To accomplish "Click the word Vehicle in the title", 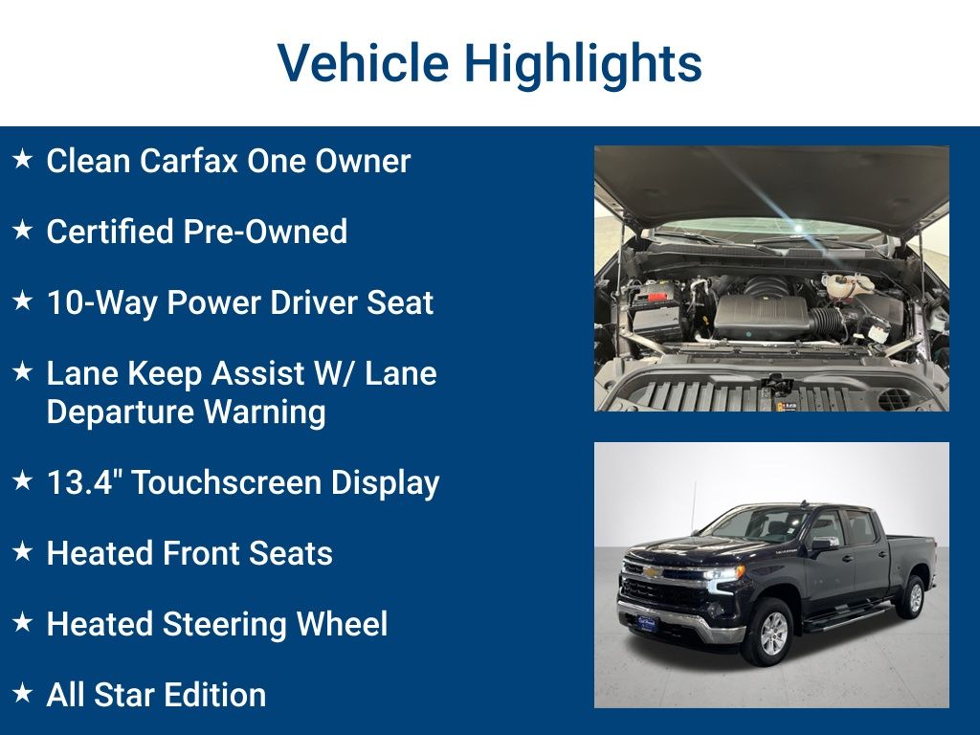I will (x=362, y=63).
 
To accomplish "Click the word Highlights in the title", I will (x=584, y=63).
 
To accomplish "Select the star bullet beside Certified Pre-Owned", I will (x=22, y=231).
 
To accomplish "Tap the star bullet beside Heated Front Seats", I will (x=22, y=552).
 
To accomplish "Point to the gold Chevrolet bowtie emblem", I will (x=650, y=572).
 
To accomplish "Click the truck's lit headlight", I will (x=724, y=573).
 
